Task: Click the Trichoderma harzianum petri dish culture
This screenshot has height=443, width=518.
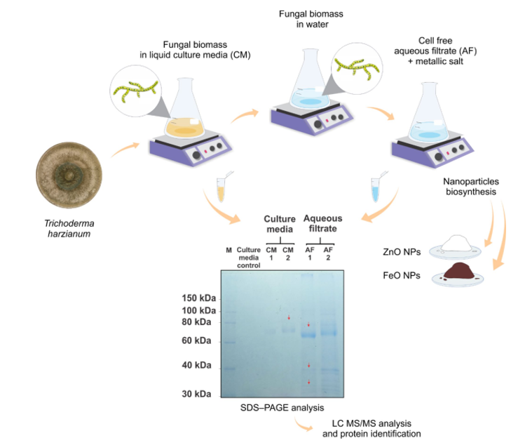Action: [x=69, y=175]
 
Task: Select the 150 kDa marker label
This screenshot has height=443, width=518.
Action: [x=199, y=298]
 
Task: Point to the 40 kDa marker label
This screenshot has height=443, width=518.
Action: [x=196, y=365]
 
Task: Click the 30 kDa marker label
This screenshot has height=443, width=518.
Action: [x=196, y=394]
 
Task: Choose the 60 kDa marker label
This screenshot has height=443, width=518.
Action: [x=196, y=340]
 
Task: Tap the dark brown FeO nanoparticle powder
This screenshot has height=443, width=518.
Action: [x=459, y=270]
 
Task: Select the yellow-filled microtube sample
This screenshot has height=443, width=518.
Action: [x=221, y=190]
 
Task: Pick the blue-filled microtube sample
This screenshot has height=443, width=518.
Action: [x=375, y=190]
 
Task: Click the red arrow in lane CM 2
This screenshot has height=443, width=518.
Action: [x=289, y=317]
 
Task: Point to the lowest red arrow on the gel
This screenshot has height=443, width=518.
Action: [x=309, y=382]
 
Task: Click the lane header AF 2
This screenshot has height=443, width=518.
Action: [x=328, y=253]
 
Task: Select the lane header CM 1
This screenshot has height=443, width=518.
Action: [x=271, y=253]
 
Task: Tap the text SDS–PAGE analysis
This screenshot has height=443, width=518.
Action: [x=282, y=408]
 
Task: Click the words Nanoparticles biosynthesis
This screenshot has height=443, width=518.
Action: [x=471, y=187]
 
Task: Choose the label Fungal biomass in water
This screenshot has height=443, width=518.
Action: [x=311, y=19]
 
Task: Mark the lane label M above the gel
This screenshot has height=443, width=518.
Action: [x=229, y=250]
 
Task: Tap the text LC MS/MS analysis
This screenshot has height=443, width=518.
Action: [x=372, y=423]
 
